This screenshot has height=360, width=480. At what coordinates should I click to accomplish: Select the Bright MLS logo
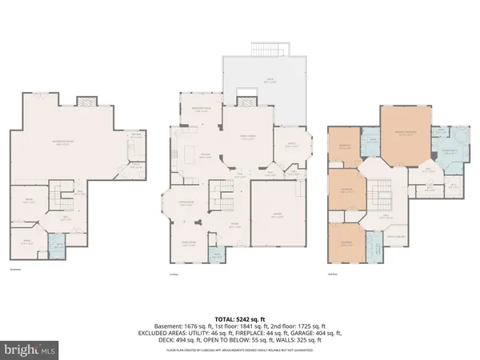(33, 349)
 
